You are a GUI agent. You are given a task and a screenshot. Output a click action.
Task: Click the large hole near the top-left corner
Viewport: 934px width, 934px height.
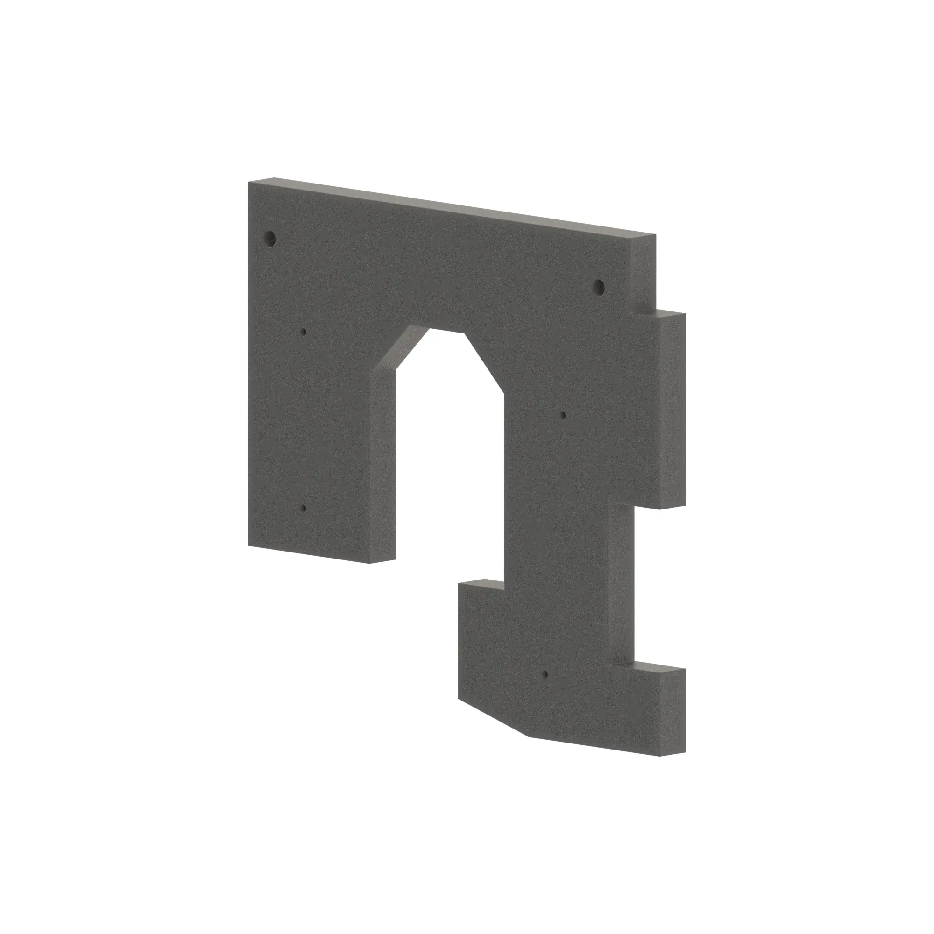pyautogui.click(x=270, y=238)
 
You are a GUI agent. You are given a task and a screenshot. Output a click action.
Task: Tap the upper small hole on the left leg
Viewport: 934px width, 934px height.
pyautogui.click(x=303, y=332)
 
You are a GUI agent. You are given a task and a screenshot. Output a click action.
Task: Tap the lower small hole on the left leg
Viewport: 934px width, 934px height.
pyautogui.click(x=303, y=509)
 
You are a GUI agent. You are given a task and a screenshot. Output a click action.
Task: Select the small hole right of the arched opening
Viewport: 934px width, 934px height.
pyautogui.click(x=563, y=414)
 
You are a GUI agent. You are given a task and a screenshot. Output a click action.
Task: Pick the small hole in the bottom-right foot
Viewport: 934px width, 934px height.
pyautogui.click(x=545, y=674)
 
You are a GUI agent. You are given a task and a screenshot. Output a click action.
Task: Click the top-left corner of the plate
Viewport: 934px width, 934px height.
pyautogui.click(x=248, y=182)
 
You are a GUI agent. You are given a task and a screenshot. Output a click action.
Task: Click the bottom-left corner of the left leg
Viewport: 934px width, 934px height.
pyautogui.click(x=248, y=545)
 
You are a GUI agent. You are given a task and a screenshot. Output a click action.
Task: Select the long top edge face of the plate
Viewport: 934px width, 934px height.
pyautogui.click(x=450, y=205)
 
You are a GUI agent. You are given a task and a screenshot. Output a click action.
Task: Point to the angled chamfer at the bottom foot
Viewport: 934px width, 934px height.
pyautogui.click(x=493, y=726)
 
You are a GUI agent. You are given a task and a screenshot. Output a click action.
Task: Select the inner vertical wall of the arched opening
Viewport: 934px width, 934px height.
pyautogui.click(x=383, y=459)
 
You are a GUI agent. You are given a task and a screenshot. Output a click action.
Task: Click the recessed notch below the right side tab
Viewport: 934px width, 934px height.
pyautogui.click(x=621, y=580)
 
